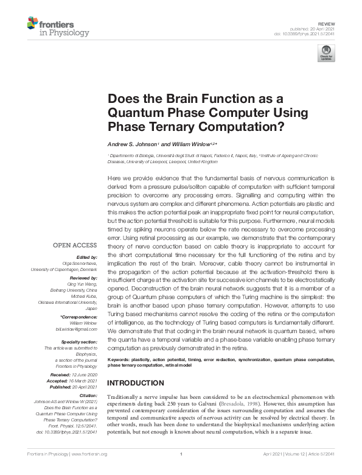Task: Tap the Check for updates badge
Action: pos(327,52)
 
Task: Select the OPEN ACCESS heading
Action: pos(75,246)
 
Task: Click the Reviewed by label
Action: pos(81,276)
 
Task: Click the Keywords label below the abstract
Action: pos(120,359)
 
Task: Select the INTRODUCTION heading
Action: pos(136,383)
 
